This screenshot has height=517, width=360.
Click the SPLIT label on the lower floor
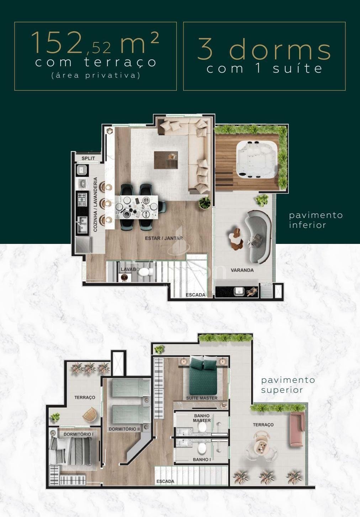[88, 158]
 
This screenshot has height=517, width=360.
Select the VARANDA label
[242, 270]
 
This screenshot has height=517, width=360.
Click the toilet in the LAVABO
[144, 272]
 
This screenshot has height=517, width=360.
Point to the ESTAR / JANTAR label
[164, 238]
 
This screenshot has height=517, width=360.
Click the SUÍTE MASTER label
[202, 398]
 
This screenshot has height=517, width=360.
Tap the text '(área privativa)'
[96, 75]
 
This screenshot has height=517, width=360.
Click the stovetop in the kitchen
[82, 200]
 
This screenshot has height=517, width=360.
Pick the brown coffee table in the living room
[166, 160]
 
